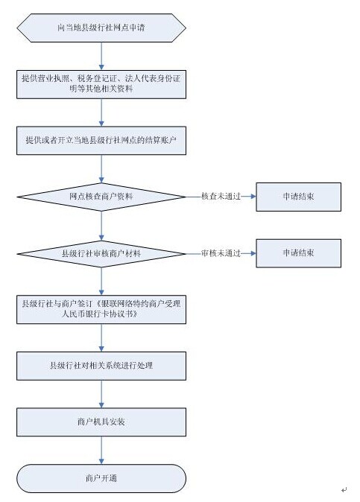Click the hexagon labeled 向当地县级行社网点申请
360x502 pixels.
(101, 28)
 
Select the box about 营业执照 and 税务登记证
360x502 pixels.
(101, 84)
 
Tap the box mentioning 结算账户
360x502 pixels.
(101, 141)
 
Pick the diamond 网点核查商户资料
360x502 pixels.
(101, 197)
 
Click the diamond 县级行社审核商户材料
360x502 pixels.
(101, 254)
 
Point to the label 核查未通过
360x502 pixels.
(221, 197)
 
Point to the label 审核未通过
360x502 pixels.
(221, 253)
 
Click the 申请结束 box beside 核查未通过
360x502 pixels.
(298, 197)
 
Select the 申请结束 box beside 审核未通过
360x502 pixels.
(298, 253)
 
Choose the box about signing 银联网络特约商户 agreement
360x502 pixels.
(101, 310)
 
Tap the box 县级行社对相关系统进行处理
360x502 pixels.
(101, 366)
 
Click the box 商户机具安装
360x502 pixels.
(101, 422)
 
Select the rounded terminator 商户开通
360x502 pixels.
(101, 478)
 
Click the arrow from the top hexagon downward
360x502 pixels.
(101, 56)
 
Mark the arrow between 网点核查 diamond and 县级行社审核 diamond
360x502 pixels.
(101, 226)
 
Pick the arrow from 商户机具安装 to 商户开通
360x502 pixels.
(101, 450)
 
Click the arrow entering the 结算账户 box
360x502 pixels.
(101, 112)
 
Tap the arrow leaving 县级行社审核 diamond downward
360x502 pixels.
(101, 281)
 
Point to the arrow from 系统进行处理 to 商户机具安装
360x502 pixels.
(101, 394)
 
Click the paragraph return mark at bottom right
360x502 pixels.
(344, 489)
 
